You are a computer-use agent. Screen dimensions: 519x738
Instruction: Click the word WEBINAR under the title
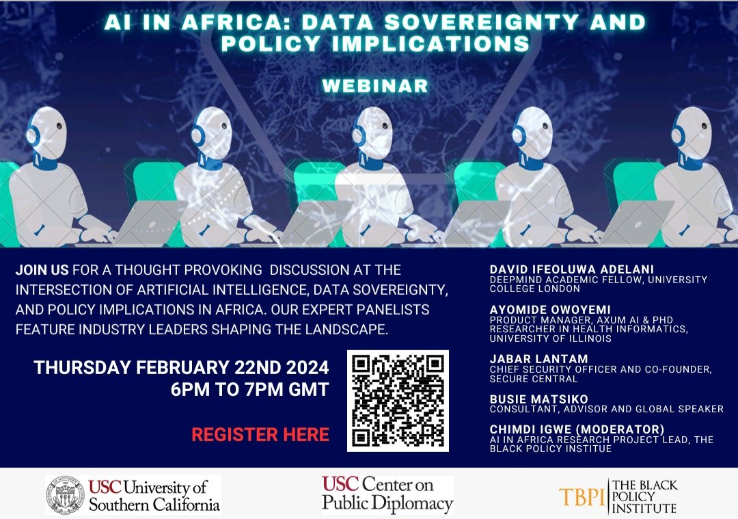coord(374,86)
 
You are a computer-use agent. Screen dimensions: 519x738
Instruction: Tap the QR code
coord(398,401)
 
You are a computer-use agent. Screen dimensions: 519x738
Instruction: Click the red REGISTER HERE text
coord(260,434)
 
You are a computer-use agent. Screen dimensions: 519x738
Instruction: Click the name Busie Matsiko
coord(538,399)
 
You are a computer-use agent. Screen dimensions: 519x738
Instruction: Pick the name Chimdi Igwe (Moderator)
coord(577,429)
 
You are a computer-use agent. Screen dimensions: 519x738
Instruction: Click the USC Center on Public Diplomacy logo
coord(387,494)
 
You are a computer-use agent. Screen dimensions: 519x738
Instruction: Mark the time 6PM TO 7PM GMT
coord(250,390)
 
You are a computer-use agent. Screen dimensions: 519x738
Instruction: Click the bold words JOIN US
coord(42,270)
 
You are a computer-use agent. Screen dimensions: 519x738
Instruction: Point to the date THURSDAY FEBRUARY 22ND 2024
coord(181,367)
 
